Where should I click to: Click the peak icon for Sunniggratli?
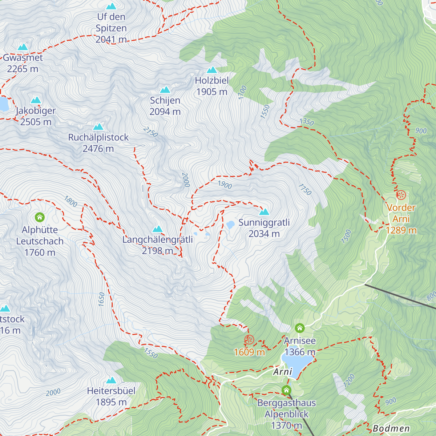coord(264,212)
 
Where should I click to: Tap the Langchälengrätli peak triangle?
coord(157,229)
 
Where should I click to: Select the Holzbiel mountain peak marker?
coord(212,70)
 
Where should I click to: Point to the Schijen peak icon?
coord(165,90)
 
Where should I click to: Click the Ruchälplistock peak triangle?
coord(98,127)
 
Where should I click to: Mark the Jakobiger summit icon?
coord(36,100)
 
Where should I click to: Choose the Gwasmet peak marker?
coord(23,47)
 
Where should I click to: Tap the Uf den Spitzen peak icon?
coord(111,6)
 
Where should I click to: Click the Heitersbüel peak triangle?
coord(111,380)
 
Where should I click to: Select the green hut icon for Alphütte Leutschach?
coord(40,217)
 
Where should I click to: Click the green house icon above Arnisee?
coord(300,328)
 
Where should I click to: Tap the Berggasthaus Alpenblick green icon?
coord(286,390)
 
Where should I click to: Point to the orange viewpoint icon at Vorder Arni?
coord(401,195)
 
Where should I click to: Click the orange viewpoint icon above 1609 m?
coord(249,340)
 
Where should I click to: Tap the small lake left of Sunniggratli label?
coord(230,225)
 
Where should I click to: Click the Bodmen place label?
coord(391,429)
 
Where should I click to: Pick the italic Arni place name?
coord(283,372)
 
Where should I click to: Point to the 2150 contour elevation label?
coord(150,132)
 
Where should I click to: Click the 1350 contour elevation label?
coord(307,122)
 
